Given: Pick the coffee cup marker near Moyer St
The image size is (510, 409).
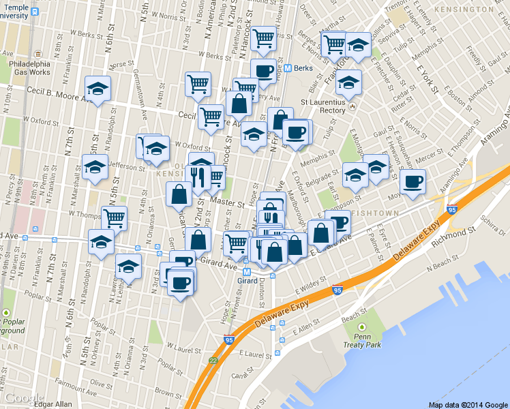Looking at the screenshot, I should (x=412, y=182).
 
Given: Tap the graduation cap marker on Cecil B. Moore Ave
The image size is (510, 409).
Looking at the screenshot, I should (x=97, y=89).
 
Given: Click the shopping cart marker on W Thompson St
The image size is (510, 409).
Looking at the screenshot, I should (x=114, y=218).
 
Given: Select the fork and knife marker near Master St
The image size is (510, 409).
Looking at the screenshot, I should (x=198, y=178).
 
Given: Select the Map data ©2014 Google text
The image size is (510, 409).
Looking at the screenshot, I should (x=468, y=404).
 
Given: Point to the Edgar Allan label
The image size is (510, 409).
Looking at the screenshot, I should (x=53, y=404).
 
